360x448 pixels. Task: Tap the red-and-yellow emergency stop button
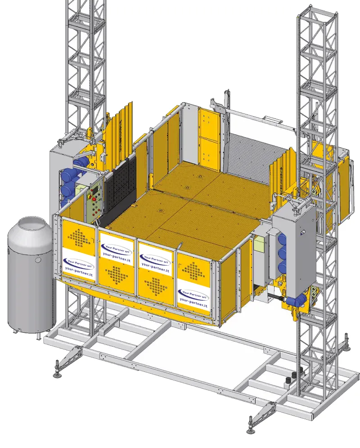pos(94,199)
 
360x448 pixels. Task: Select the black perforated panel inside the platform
pos(120,189)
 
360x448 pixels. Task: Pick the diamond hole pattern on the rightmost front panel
pos(194,271)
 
